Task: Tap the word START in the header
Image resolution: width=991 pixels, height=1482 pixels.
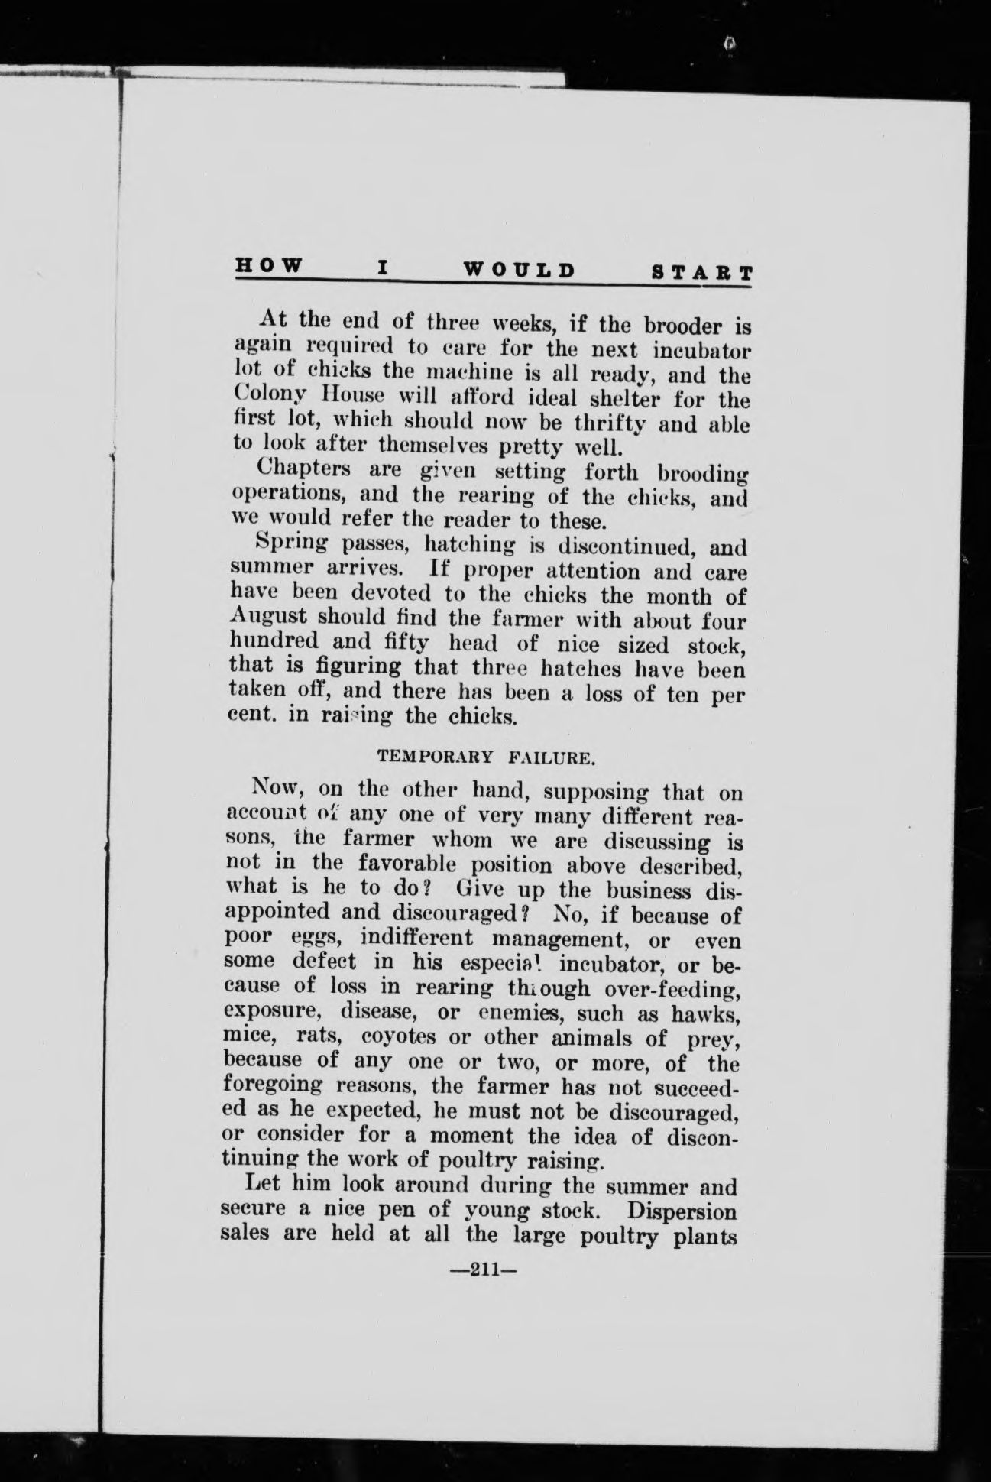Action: (701, 273)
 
